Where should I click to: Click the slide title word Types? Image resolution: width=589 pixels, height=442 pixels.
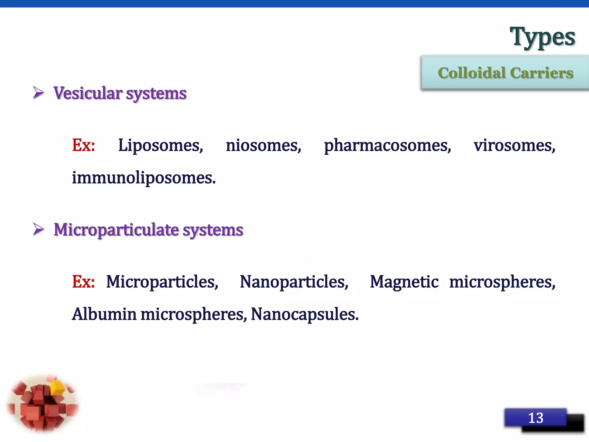[x=542, y=37]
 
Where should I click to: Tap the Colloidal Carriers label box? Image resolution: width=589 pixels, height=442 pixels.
[x=505, y=73]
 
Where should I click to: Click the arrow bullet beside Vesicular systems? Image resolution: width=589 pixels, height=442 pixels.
[x=39, y=93]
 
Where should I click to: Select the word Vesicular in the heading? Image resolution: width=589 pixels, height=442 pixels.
[x=88, y=93]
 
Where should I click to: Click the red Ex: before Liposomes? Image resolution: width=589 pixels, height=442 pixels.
[x=83, y=145]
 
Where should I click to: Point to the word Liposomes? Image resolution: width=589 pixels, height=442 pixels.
[x=160, y=146]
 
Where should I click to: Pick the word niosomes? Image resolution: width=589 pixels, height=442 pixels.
[x=263, y=146]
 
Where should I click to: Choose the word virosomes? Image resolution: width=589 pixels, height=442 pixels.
[x=514, y=146]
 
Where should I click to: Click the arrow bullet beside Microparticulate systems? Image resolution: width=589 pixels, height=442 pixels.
[x=39, y=229]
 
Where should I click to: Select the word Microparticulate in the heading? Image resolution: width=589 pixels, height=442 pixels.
[x=116, y=230]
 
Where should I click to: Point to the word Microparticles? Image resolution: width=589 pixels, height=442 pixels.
[x=162, y=282]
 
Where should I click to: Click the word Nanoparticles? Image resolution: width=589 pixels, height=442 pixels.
[x=294, y=282]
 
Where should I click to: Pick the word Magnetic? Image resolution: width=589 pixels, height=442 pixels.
[x=404, y=282]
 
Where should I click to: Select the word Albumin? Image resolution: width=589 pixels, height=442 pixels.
[x=104, y=314]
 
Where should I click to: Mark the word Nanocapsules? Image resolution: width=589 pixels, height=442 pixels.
[x=305, y=314]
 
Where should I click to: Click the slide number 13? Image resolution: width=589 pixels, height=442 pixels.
[x=536, y=418]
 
